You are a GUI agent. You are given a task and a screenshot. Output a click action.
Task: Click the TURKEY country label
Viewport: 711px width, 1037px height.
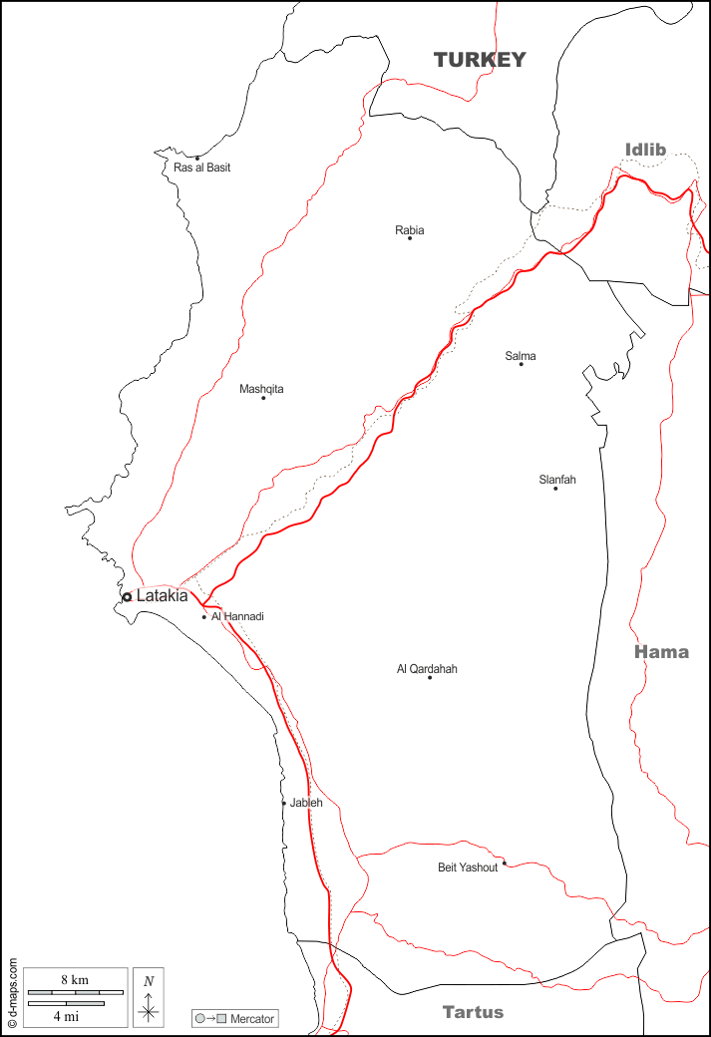point(479,61)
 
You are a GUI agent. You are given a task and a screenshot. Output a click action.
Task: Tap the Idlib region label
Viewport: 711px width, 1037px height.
point(644,150)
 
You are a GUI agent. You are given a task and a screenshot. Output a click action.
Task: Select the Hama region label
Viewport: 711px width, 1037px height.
point(661,652)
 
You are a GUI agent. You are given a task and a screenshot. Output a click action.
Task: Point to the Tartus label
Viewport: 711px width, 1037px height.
point(473,1012)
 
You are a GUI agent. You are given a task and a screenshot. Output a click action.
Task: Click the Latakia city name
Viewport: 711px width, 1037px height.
point(162,596)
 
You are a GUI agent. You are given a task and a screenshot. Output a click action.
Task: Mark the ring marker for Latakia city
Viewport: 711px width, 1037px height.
point(127,597)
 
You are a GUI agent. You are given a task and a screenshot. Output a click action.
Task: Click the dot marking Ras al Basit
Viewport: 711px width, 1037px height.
point(197,158)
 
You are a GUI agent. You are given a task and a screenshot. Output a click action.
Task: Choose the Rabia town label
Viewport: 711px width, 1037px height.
point(409,230)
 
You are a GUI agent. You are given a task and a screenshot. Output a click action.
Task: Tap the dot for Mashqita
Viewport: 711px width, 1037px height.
point(263,398)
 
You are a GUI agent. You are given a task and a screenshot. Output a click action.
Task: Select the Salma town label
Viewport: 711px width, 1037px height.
point(520,356)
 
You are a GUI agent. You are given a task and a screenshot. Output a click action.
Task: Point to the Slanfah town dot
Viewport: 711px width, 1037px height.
point(555,488)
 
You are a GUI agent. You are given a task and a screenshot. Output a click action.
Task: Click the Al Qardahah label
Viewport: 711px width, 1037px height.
point(427,669)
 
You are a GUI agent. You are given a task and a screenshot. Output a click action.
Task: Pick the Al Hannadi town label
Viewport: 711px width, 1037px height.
point(237,616)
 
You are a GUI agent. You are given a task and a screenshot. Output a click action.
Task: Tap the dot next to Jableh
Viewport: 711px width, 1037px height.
point(283,803)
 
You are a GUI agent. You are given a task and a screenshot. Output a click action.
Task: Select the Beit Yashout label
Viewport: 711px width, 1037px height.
point(468,867)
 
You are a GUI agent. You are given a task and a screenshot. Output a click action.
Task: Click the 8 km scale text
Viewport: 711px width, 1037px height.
point(75,980)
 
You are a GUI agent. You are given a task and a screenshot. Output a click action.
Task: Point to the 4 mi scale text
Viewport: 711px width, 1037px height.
point(66,1016)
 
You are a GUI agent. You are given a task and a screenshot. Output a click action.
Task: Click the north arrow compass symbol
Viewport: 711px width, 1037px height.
point(149,997)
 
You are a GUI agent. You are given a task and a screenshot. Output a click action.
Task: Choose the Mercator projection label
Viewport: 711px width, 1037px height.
point(252,1019)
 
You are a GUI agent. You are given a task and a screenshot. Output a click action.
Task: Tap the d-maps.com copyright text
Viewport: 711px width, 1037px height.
point(12,992)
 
